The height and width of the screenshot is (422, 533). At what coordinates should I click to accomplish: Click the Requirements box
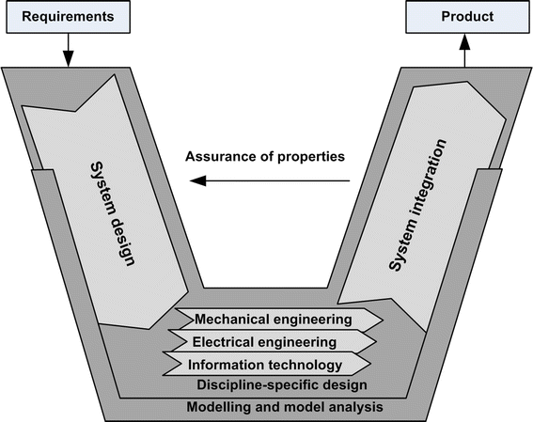69,18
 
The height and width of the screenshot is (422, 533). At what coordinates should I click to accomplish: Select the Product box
465,18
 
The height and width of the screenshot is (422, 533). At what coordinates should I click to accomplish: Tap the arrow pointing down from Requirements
69,51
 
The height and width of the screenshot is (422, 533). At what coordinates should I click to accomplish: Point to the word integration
419,178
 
